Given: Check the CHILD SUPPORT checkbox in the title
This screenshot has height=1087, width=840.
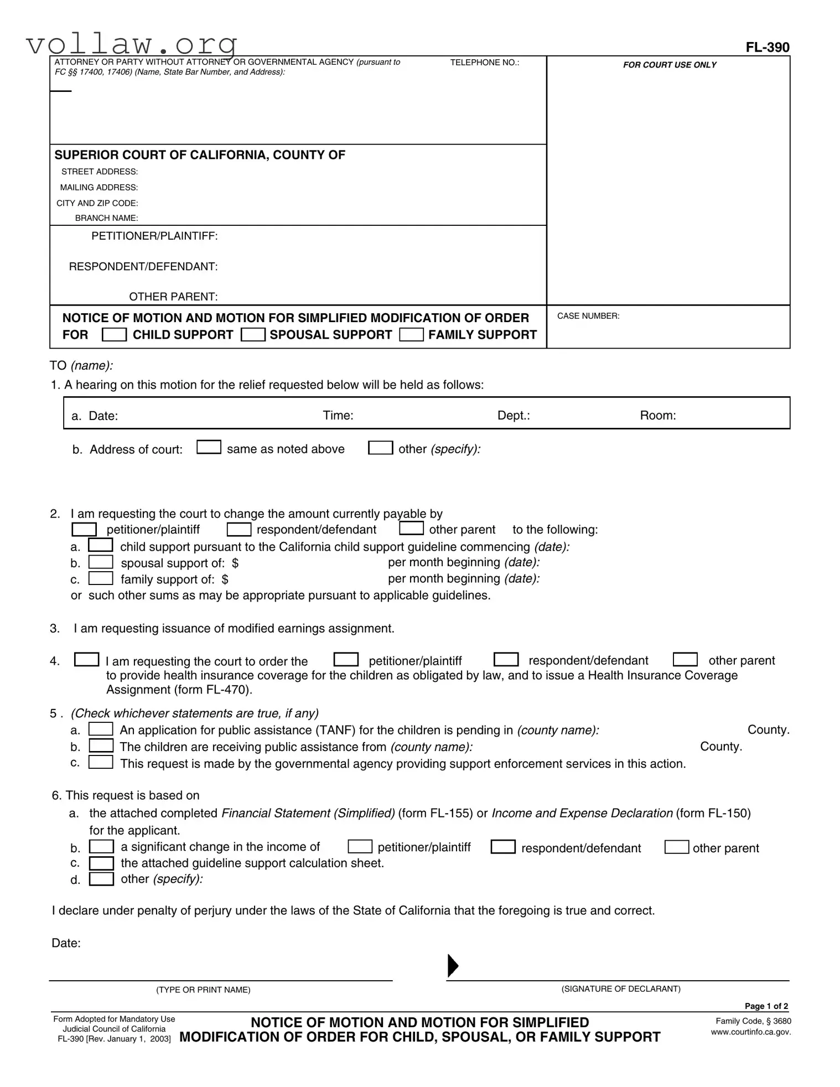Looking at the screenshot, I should (115, 335).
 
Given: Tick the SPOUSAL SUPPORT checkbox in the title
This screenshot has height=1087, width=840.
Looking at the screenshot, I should (253, 335).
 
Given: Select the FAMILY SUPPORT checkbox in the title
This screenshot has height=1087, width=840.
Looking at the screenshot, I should (411, 335).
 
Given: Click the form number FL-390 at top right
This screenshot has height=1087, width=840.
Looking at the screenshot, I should (767, 48).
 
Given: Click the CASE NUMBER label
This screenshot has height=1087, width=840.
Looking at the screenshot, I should (588, 316).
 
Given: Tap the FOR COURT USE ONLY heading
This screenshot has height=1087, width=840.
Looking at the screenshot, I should (669, 65).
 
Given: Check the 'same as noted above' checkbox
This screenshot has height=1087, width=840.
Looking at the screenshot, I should (209, 447).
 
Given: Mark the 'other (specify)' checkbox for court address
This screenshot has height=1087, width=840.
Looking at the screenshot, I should (381, 447).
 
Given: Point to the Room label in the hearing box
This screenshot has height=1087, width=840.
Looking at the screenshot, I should (657, 416).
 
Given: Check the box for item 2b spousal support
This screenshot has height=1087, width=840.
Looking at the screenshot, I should (101, 562).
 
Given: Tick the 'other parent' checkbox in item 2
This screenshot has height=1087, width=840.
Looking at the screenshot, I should (411, 528).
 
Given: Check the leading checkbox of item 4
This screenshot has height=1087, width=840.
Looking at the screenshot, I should (87, 660).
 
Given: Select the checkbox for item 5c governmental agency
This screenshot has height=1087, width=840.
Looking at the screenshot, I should (101, 762).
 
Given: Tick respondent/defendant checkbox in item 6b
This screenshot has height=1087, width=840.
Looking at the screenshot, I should (503, 847).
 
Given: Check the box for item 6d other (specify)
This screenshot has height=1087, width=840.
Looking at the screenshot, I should (101, 879).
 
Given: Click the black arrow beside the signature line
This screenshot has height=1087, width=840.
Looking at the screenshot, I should (453, 965).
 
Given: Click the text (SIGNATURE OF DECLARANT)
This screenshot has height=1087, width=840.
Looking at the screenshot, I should (621, 988).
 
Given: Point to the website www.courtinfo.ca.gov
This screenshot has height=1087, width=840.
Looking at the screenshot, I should (750, 1032).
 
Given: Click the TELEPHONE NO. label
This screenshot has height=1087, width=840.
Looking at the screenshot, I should (484, 63).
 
